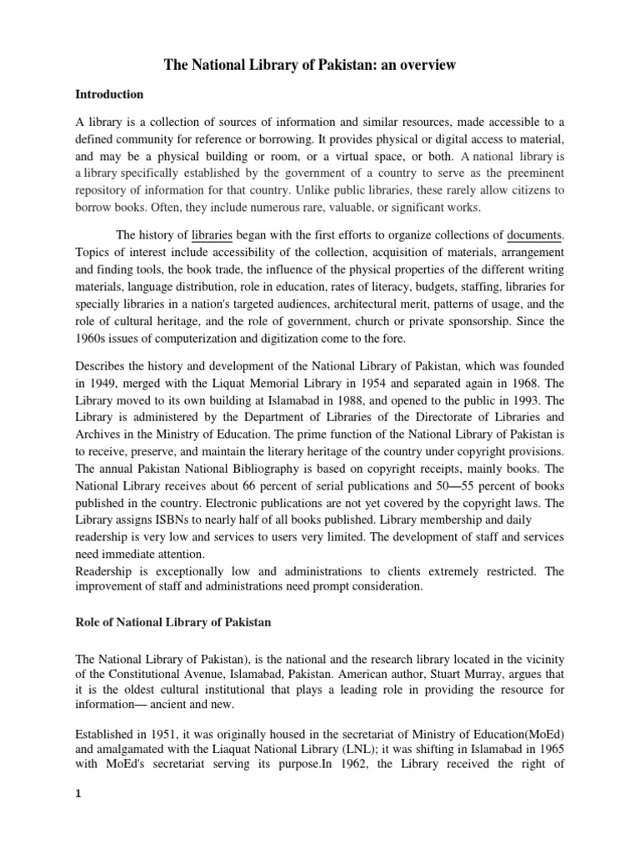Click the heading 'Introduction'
[109, 94]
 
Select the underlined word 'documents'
[534, 236]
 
